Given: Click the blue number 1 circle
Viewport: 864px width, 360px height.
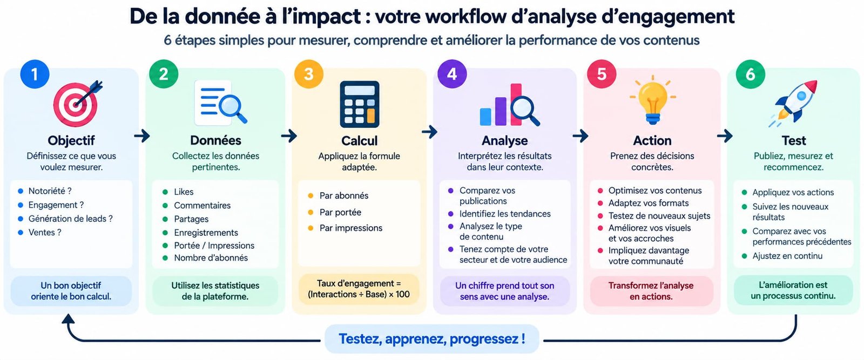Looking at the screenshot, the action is coord(35,74).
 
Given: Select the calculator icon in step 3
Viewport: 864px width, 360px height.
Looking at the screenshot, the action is coord(360,104).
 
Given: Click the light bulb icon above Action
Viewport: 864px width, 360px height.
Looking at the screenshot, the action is coord(653,100).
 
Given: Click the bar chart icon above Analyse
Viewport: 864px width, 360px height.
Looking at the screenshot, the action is coord(509,105).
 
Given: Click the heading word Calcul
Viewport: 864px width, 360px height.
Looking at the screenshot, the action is coord(360,141).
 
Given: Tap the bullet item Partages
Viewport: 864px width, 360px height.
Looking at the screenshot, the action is coord(191,219).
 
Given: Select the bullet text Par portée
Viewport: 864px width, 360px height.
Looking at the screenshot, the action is coord(340,212).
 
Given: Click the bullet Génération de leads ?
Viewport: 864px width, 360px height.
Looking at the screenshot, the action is coord(71,219).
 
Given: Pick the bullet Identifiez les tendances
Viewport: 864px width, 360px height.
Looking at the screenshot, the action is coord(505,214).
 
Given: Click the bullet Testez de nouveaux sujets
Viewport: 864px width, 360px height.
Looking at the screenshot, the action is coord(659,215).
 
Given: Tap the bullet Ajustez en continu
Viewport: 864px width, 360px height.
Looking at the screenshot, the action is coord(787,256).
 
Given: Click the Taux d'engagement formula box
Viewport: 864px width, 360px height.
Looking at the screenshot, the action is coord(359,289).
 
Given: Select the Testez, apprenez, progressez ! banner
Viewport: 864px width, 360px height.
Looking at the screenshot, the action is coord(431,339).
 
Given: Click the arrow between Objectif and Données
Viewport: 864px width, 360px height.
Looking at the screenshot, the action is coord(142,135).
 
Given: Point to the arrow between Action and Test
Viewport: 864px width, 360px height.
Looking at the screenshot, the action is coord(725,135).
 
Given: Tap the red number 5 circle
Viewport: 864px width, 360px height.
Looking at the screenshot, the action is coord(602,74).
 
